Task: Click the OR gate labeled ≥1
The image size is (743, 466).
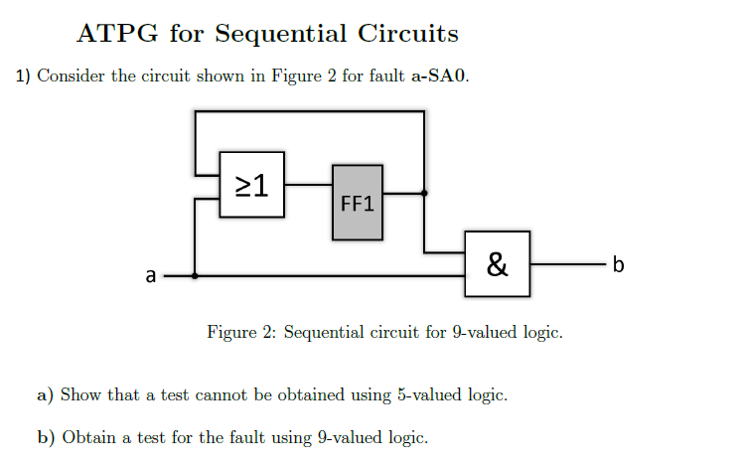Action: pyautogui.click(x=251, y=184)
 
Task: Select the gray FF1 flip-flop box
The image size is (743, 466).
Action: pyautogui.click(x=358, y=202)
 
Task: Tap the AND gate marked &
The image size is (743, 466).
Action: pyautogui.click(x=497, y=263)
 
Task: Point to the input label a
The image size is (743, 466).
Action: pyautogui.click(x=150, y=275)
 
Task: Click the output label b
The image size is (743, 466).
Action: pyautogui.click(x=619, y=264)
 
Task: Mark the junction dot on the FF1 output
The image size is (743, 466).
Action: pyautogui.click(x=424, y=194)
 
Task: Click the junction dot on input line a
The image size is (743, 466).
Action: pyautogui.click(x=194, y=276)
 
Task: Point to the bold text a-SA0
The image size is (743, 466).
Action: pyautogui.click(x=439, y=77)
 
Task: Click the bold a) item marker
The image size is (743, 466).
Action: pyautogui.click(x=45, y=395)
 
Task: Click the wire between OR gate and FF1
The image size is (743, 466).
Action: pyautogui.click(x=309, y=185)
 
